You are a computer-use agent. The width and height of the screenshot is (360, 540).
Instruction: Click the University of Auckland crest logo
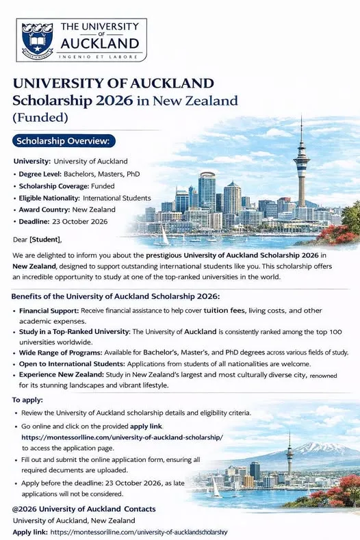pos(37,40)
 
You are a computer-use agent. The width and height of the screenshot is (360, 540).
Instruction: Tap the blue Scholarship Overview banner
pos(65,142)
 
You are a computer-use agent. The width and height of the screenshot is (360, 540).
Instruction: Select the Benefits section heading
pos(115,296)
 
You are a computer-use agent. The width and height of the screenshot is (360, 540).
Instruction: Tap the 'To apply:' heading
pos(27,399)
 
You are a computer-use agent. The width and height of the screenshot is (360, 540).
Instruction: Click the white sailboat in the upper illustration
pos(163,236)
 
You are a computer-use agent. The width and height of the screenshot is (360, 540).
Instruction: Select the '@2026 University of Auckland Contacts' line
pos(83,509)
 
